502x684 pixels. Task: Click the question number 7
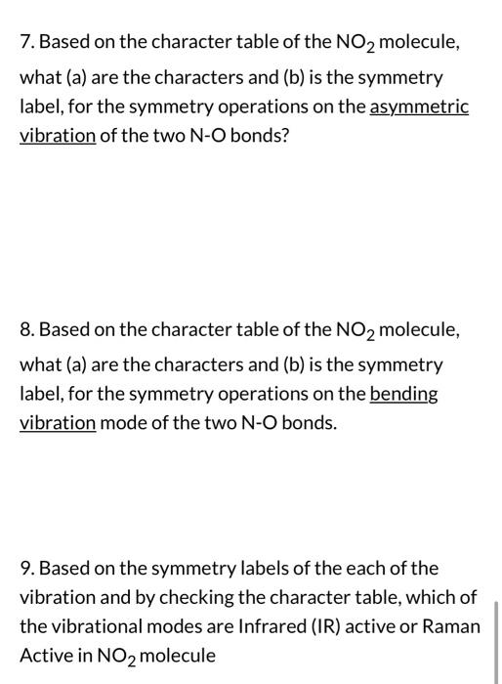point(25,45)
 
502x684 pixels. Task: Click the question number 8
point(26,332)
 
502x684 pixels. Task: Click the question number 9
point(26,568)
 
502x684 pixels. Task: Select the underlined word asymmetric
point(419,106)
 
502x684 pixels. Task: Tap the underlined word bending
point(403,394)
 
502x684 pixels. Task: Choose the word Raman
point(450,626)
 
